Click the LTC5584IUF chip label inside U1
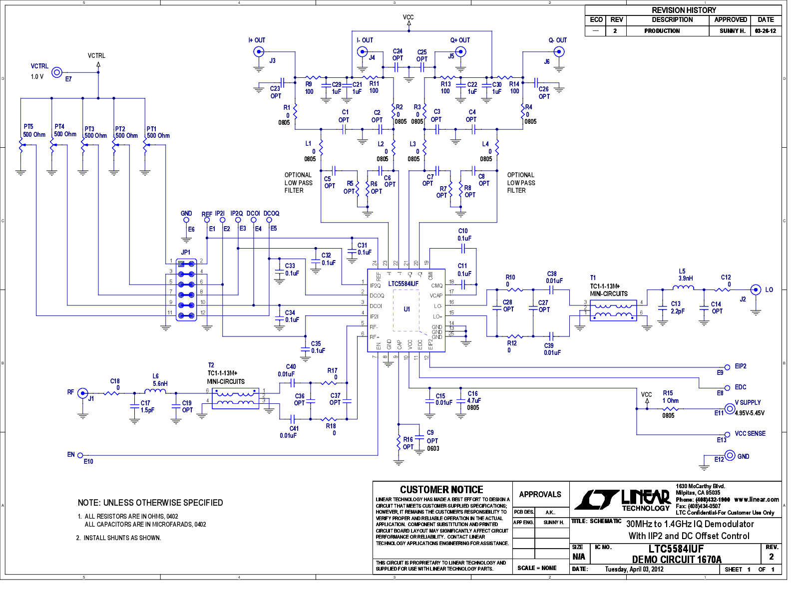403,284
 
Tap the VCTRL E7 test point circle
57,72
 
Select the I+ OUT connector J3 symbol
259,51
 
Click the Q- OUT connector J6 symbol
560,51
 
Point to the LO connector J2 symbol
756,290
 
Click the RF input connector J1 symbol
83,393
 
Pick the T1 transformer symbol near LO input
613,310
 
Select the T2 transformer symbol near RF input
236,398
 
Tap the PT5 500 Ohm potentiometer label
33,131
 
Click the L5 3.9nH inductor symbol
683,288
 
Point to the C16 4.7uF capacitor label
473,400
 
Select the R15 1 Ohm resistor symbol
669,408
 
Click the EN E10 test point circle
80,455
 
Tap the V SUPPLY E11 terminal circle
730,409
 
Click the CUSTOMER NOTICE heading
441,490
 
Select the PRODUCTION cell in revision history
662,31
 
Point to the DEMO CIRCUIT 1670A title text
677,560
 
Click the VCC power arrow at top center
408,22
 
